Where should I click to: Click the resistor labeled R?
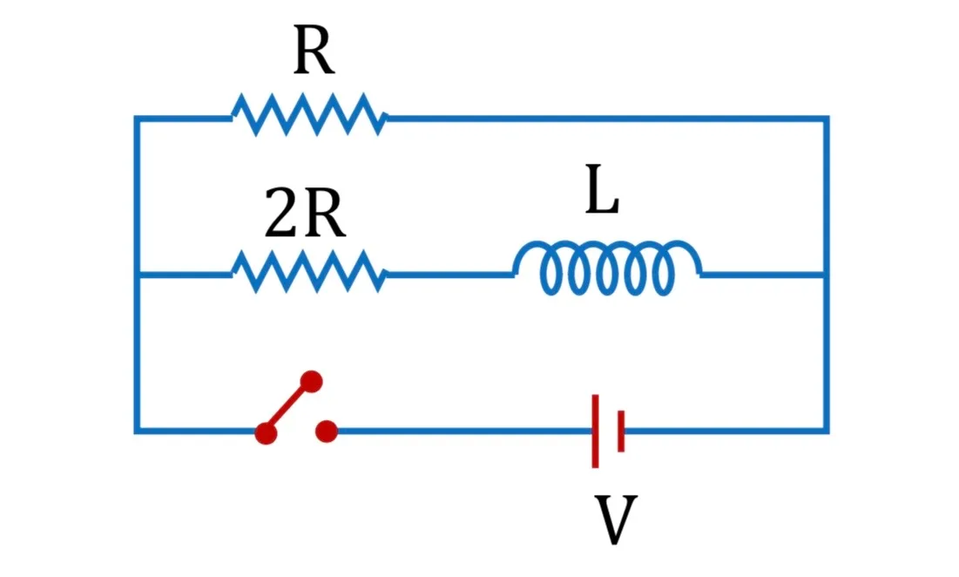(x=309, y=115)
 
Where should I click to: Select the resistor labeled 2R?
(x=309, y=272)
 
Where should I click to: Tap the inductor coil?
(x=607, y=268)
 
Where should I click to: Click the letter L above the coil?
(x=602, y=189)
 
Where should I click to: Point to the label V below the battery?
(x=616, y=519)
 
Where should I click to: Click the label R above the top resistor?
(x=314, y=51)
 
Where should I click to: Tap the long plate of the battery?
(x=595, y=431)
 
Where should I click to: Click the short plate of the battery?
(x=621, y=431)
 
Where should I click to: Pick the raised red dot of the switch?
(x=311, y=382)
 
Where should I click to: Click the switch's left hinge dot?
(x=266, y=432)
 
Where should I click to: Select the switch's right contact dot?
(x=327, y=431)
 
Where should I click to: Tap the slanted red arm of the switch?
(x=288, y=407)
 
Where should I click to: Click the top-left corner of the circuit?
(x=137, y=118)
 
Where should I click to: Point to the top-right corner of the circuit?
(x=827, y=118)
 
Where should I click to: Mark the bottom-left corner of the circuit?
(x=137, y=431)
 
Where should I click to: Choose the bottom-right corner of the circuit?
(x=827, y=431)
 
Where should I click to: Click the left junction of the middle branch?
(x=137, y=275)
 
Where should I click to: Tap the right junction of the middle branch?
(x=827, y=275)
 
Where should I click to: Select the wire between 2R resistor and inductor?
(x=450, y=275)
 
